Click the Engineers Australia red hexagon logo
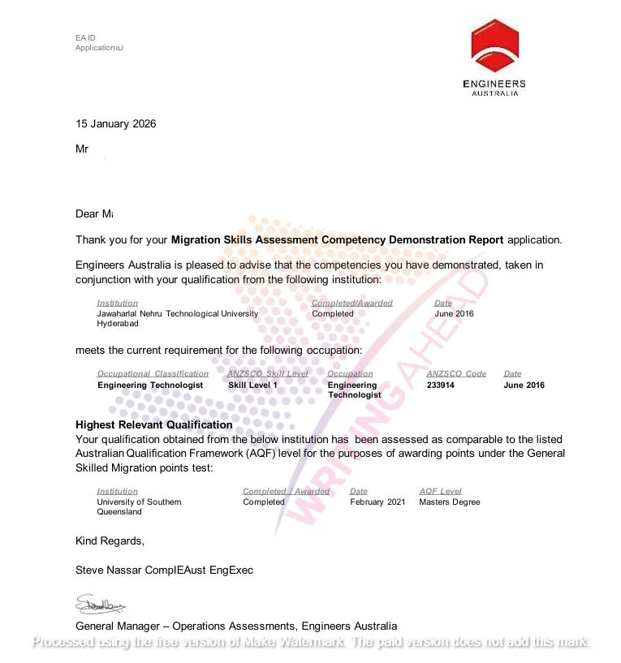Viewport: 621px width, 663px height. point(494,46)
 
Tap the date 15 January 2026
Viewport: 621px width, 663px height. point(115,124)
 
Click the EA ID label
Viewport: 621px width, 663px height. point(85,37)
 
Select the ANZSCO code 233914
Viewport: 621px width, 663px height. point(440,385)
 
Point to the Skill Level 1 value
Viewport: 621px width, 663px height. point(252,385)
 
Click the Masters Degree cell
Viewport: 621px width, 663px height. point(449,502)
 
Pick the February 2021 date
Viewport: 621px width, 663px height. point(377,502)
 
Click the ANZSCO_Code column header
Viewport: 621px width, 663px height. point(456,374)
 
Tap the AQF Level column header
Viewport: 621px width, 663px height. point(440,491)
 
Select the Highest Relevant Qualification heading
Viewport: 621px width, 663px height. point(153,425)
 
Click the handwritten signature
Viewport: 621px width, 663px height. point(100,605)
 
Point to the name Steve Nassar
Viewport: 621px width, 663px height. point(109,570)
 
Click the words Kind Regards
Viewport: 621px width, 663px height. point(110,541)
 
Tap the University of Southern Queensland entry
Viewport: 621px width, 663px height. point(139,506)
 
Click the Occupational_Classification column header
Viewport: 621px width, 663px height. point(153,374)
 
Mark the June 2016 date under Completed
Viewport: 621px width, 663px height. point(454,314)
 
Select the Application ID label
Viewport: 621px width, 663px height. point(99,48)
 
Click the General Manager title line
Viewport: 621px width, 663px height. point(236,626)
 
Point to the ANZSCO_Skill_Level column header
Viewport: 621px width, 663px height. point(267,374)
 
